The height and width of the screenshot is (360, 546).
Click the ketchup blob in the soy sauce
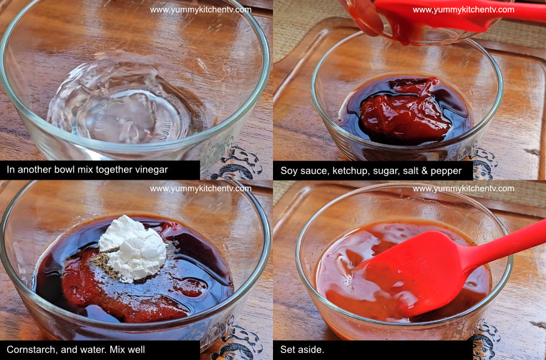(x=406, y=111)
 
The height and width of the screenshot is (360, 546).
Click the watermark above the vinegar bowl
(x=201, y=10)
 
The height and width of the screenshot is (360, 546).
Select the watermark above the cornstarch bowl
(x=201, y=189)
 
